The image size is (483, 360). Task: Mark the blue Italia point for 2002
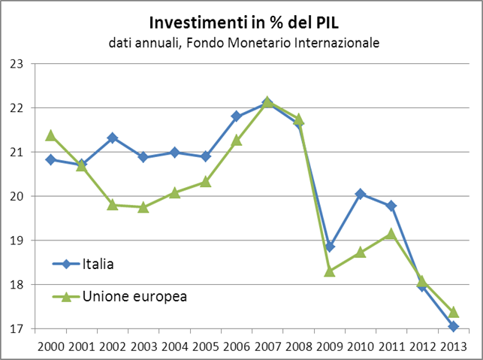pos(112,138)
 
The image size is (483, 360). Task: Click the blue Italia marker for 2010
pos(361,194)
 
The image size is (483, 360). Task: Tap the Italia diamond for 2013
pos(454,326)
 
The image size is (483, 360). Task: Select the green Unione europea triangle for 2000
pos(50,135)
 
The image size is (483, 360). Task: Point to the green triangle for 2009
pos(330,271)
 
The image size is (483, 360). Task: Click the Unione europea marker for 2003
pos(143,207)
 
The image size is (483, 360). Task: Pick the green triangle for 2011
pos(391,234)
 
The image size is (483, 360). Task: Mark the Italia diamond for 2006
pos(237,116)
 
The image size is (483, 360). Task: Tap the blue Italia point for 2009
pos(330,247)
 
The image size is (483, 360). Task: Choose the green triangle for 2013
pos(454,312)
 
